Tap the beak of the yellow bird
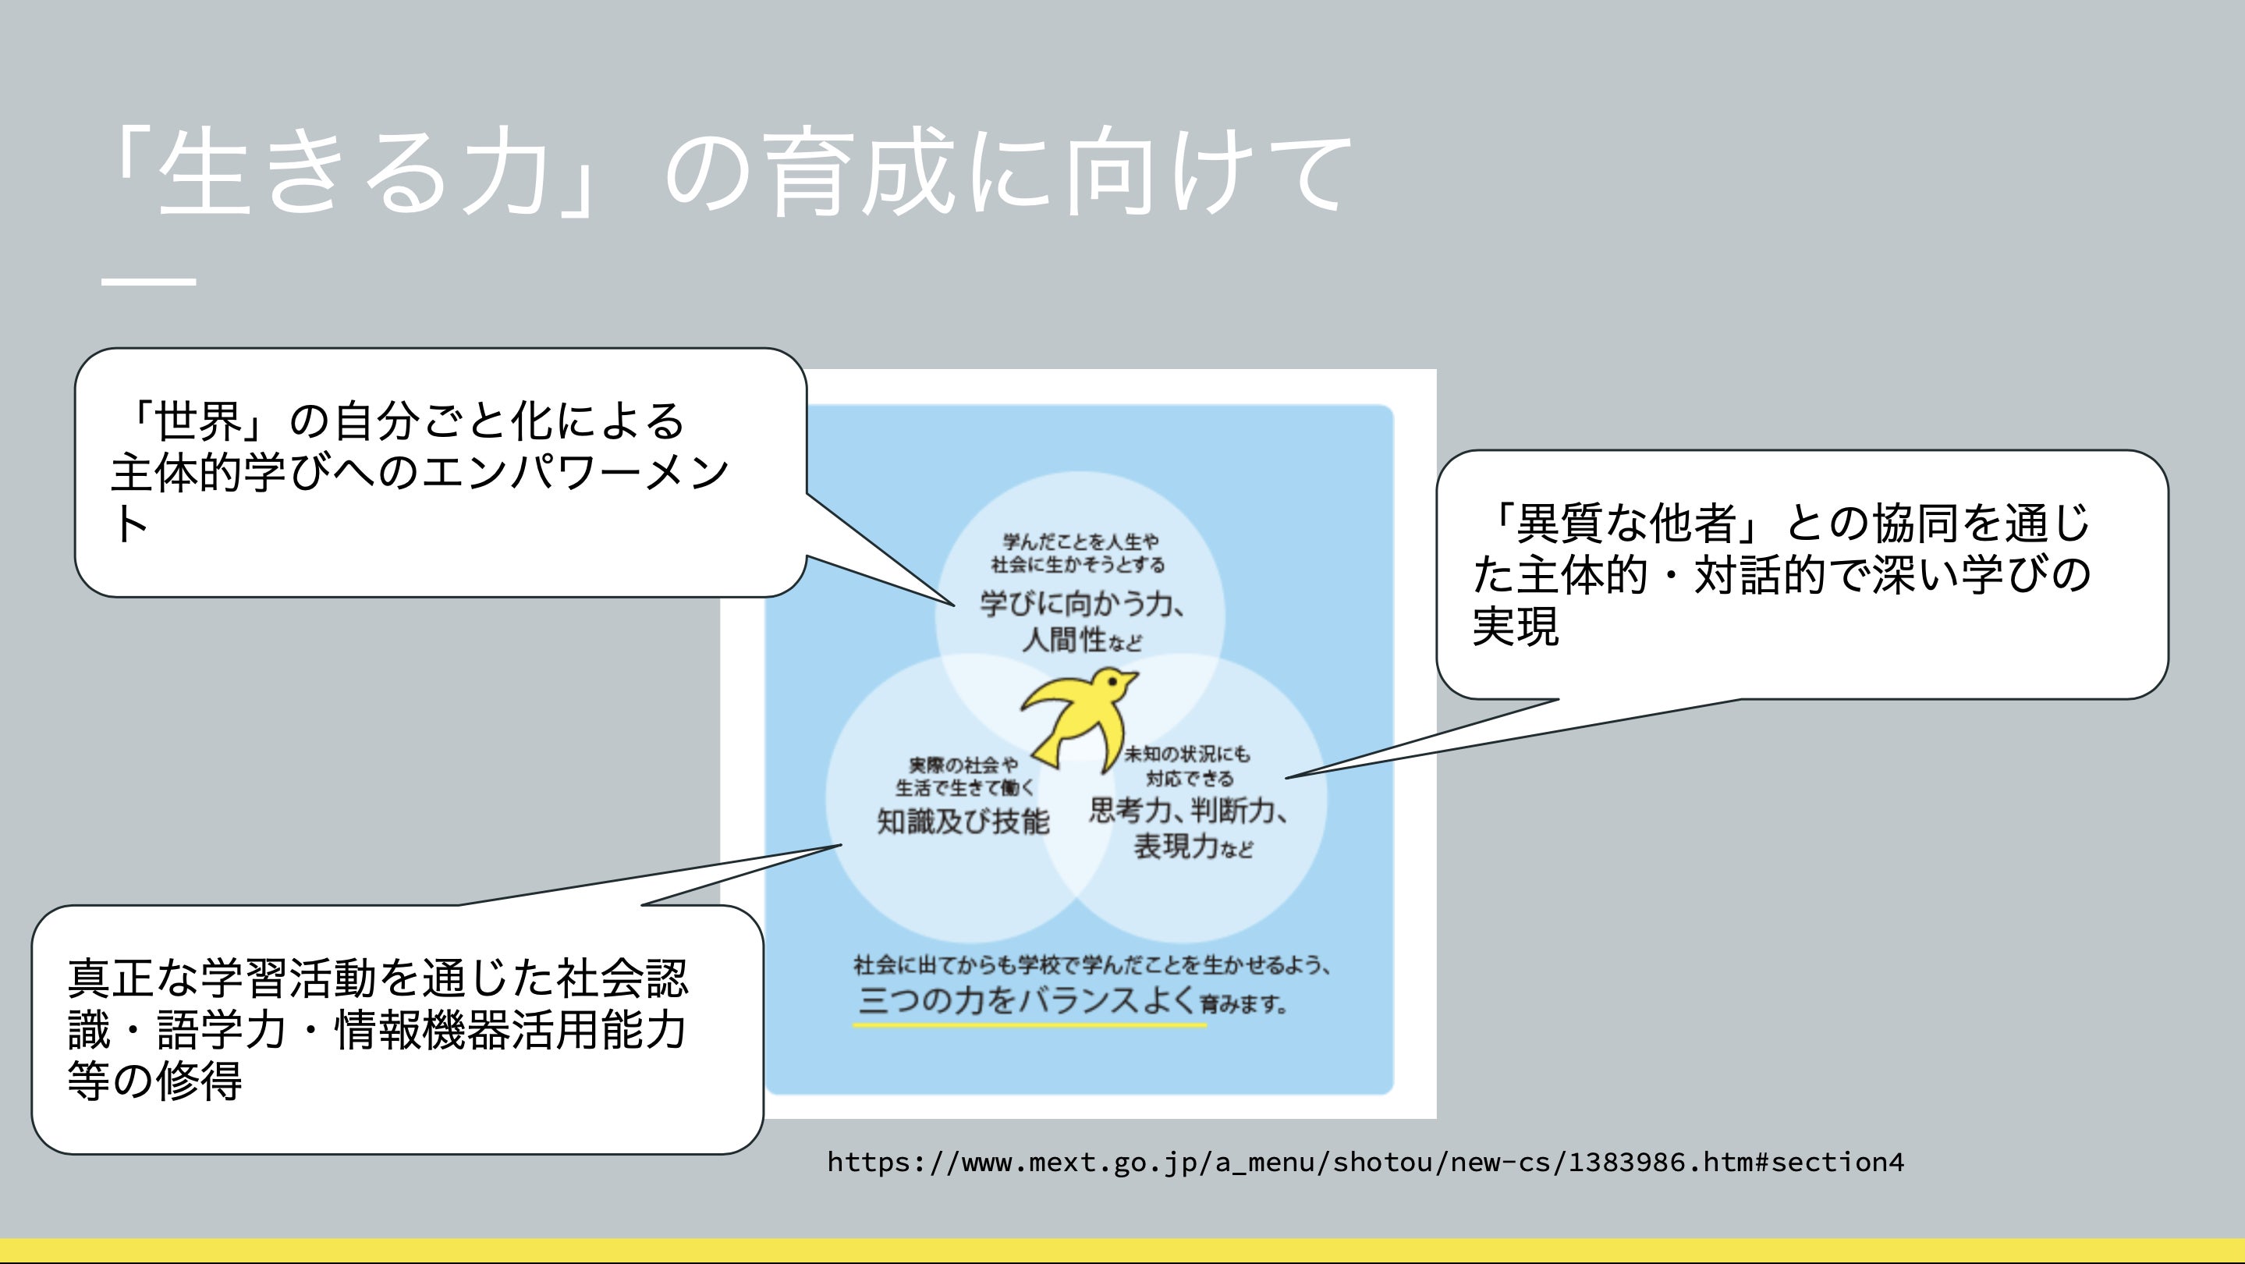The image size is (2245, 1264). click(1132, 676)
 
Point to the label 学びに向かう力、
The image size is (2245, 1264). click(1081, 603)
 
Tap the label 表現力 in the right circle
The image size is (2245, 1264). click(1175, 846)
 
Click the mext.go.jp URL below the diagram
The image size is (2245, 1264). click(1365, 1162)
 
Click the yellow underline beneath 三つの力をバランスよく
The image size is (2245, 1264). click(1028, 1025)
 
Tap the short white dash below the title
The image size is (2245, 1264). click(148, 282)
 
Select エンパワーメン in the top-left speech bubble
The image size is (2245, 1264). click(575, 473)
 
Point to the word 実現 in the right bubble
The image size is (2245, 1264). click(1516, 626)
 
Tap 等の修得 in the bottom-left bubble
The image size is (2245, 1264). click(155, 1081)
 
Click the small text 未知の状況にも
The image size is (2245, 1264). click(1186, 753)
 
